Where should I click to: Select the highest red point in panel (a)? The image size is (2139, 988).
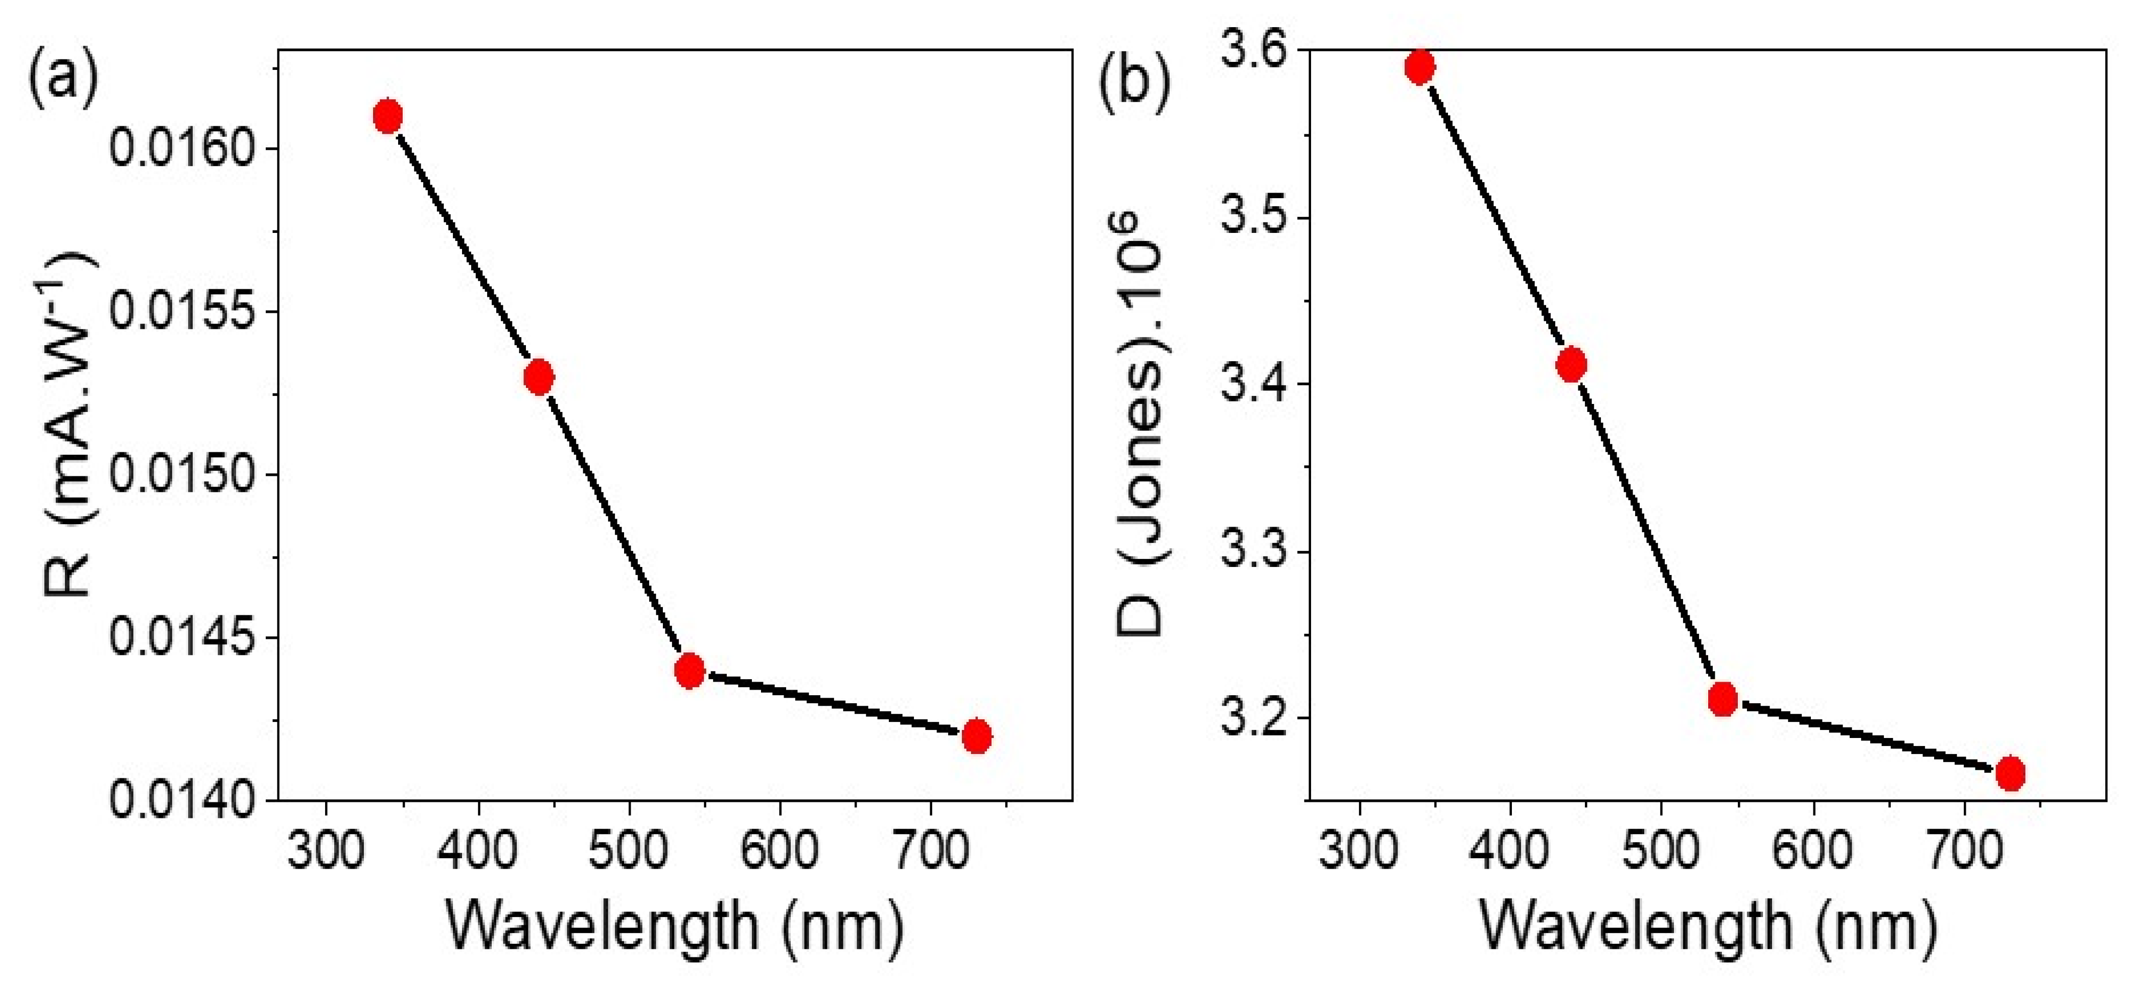click(x=388, y=116)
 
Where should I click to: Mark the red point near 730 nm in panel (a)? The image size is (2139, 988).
click(x=976, y=735)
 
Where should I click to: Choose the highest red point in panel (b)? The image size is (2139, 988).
click(x=1420, y=67)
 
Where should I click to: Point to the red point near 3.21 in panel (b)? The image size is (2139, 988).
click(x=1723, y=699)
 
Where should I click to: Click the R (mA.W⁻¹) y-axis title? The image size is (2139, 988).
click(x=70, y=424)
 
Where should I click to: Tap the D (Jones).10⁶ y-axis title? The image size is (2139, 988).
click(x=1142, y=424)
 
